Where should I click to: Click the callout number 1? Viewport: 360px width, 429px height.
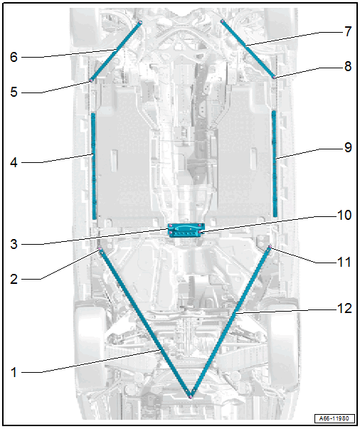point(14,372)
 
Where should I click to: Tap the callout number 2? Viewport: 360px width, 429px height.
point(14,279)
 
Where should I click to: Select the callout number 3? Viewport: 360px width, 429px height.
point(14,244)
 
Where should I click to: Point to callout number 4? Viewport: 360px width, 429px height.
point(14,162)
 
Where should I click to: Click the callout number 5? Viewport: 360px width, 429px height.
point(14,92)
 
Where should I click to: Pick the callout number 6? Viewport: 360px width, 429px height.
point(14,57)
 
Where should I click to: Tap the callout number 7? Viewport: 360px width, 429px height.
point(348,32)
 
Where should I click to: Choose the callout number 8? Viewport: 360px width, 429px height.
point(348,66)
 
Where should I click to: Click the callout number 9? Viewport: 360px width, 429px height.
point(348,148)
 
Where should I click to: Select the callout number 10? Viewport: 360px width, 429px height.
point(344,216)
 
